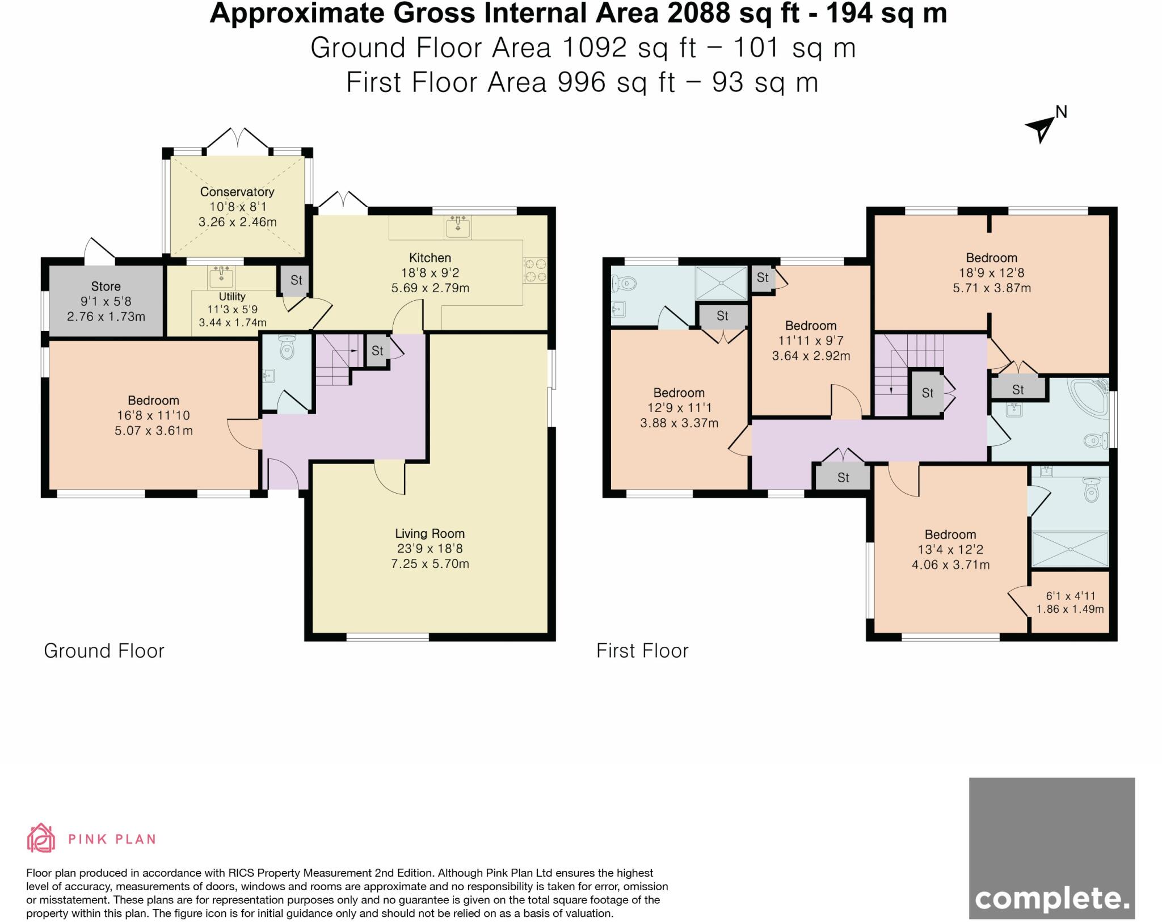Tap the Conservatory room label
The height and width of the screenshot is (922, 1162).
click(237, 192)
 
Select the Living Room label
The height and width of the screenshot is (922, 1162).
click(430, 533)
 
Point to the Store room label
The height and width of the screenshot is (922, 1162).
click(106, 286)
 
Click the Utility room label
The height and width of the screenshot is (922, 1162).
click(232, 296)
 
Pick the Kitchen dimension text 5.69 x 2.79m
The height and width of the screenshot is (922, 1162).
click(430, 288)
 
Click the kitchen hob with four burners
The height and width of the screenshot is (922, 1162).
click(534, 270)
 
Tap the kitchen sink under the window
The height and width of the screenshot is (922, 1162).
click(458, 226)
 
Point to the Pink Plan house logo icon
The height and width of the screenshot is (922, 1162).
click(41, 837)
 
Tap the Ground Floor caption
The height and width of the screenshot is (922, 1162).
click(104, 651)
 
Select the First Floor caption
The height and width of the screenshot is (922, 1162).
click(642, 651)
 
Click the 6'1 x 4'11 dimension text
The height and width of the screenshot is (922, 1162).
click(1070, 596)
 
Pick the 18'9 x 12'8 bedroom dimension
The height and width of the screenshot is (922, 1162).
click(992, 273)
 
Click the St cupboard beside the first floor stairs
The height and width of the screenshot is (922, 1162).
click(928, 393)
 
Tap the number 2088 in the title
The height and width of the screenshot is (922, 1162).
click(699, 13)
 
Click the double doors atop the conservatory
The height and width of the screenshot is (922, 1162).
click(238, 140)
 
